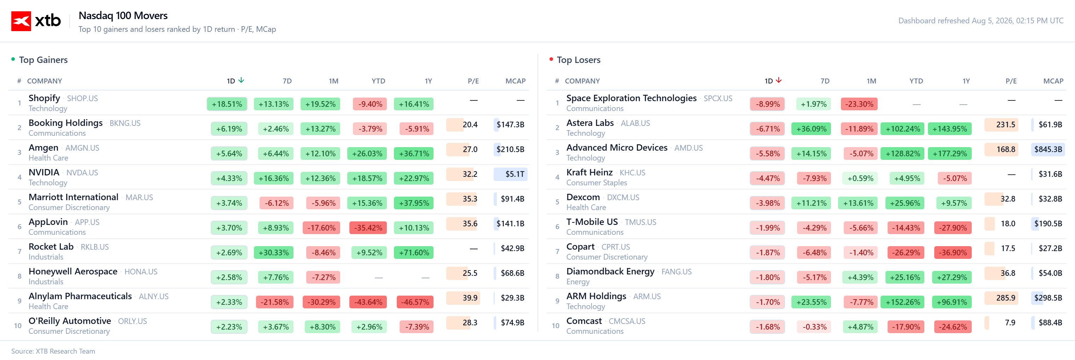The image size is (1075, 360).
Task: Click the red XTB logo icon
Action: [21, 21]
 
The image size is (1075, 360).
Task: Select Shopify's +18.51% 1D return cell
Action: [227, 104]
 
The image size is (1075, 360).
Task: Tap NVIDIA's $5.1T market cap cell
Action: [510, 174]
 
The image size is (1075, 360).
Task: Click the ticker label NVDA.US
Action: [82, 173]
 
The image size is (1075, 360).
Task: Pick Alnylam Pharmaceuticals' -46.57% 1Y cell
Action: [415, 302]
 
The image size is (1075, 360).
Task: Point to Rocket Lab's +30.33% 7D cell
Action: [274, 252]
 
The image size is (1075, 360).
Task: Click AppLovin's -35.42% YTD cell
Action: [368, 228]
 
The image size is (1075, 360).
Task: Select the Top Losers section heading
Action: [579, 60]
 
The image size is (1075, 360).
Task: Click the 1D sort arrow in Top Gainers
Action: [241, 80]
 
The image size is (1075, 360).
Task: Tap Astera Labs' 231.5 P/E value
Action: [1005, 124]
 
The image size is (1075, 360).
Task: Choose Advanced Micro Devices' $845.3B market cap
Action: [1048, 149]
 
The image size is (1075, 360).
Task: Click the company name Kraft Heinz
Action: [589, 172]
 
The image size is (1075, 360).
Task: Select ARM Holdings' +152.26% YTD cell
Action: [903, 302]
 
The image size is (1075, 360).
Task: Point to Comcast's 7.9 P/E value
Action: [1010, 323]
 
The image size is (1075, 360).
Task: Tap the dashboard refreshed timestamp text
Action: [981, 21]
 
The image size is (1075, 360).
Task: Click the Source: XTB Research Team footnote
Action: [53, 351]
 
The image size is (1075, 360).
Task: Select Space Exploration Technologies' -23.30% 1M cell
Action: [859, 104]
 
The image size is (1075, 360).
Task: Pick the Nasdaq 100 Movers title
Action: [123, 16]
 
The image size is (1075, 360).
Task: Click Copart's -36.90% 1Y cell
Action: [953, 252]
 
